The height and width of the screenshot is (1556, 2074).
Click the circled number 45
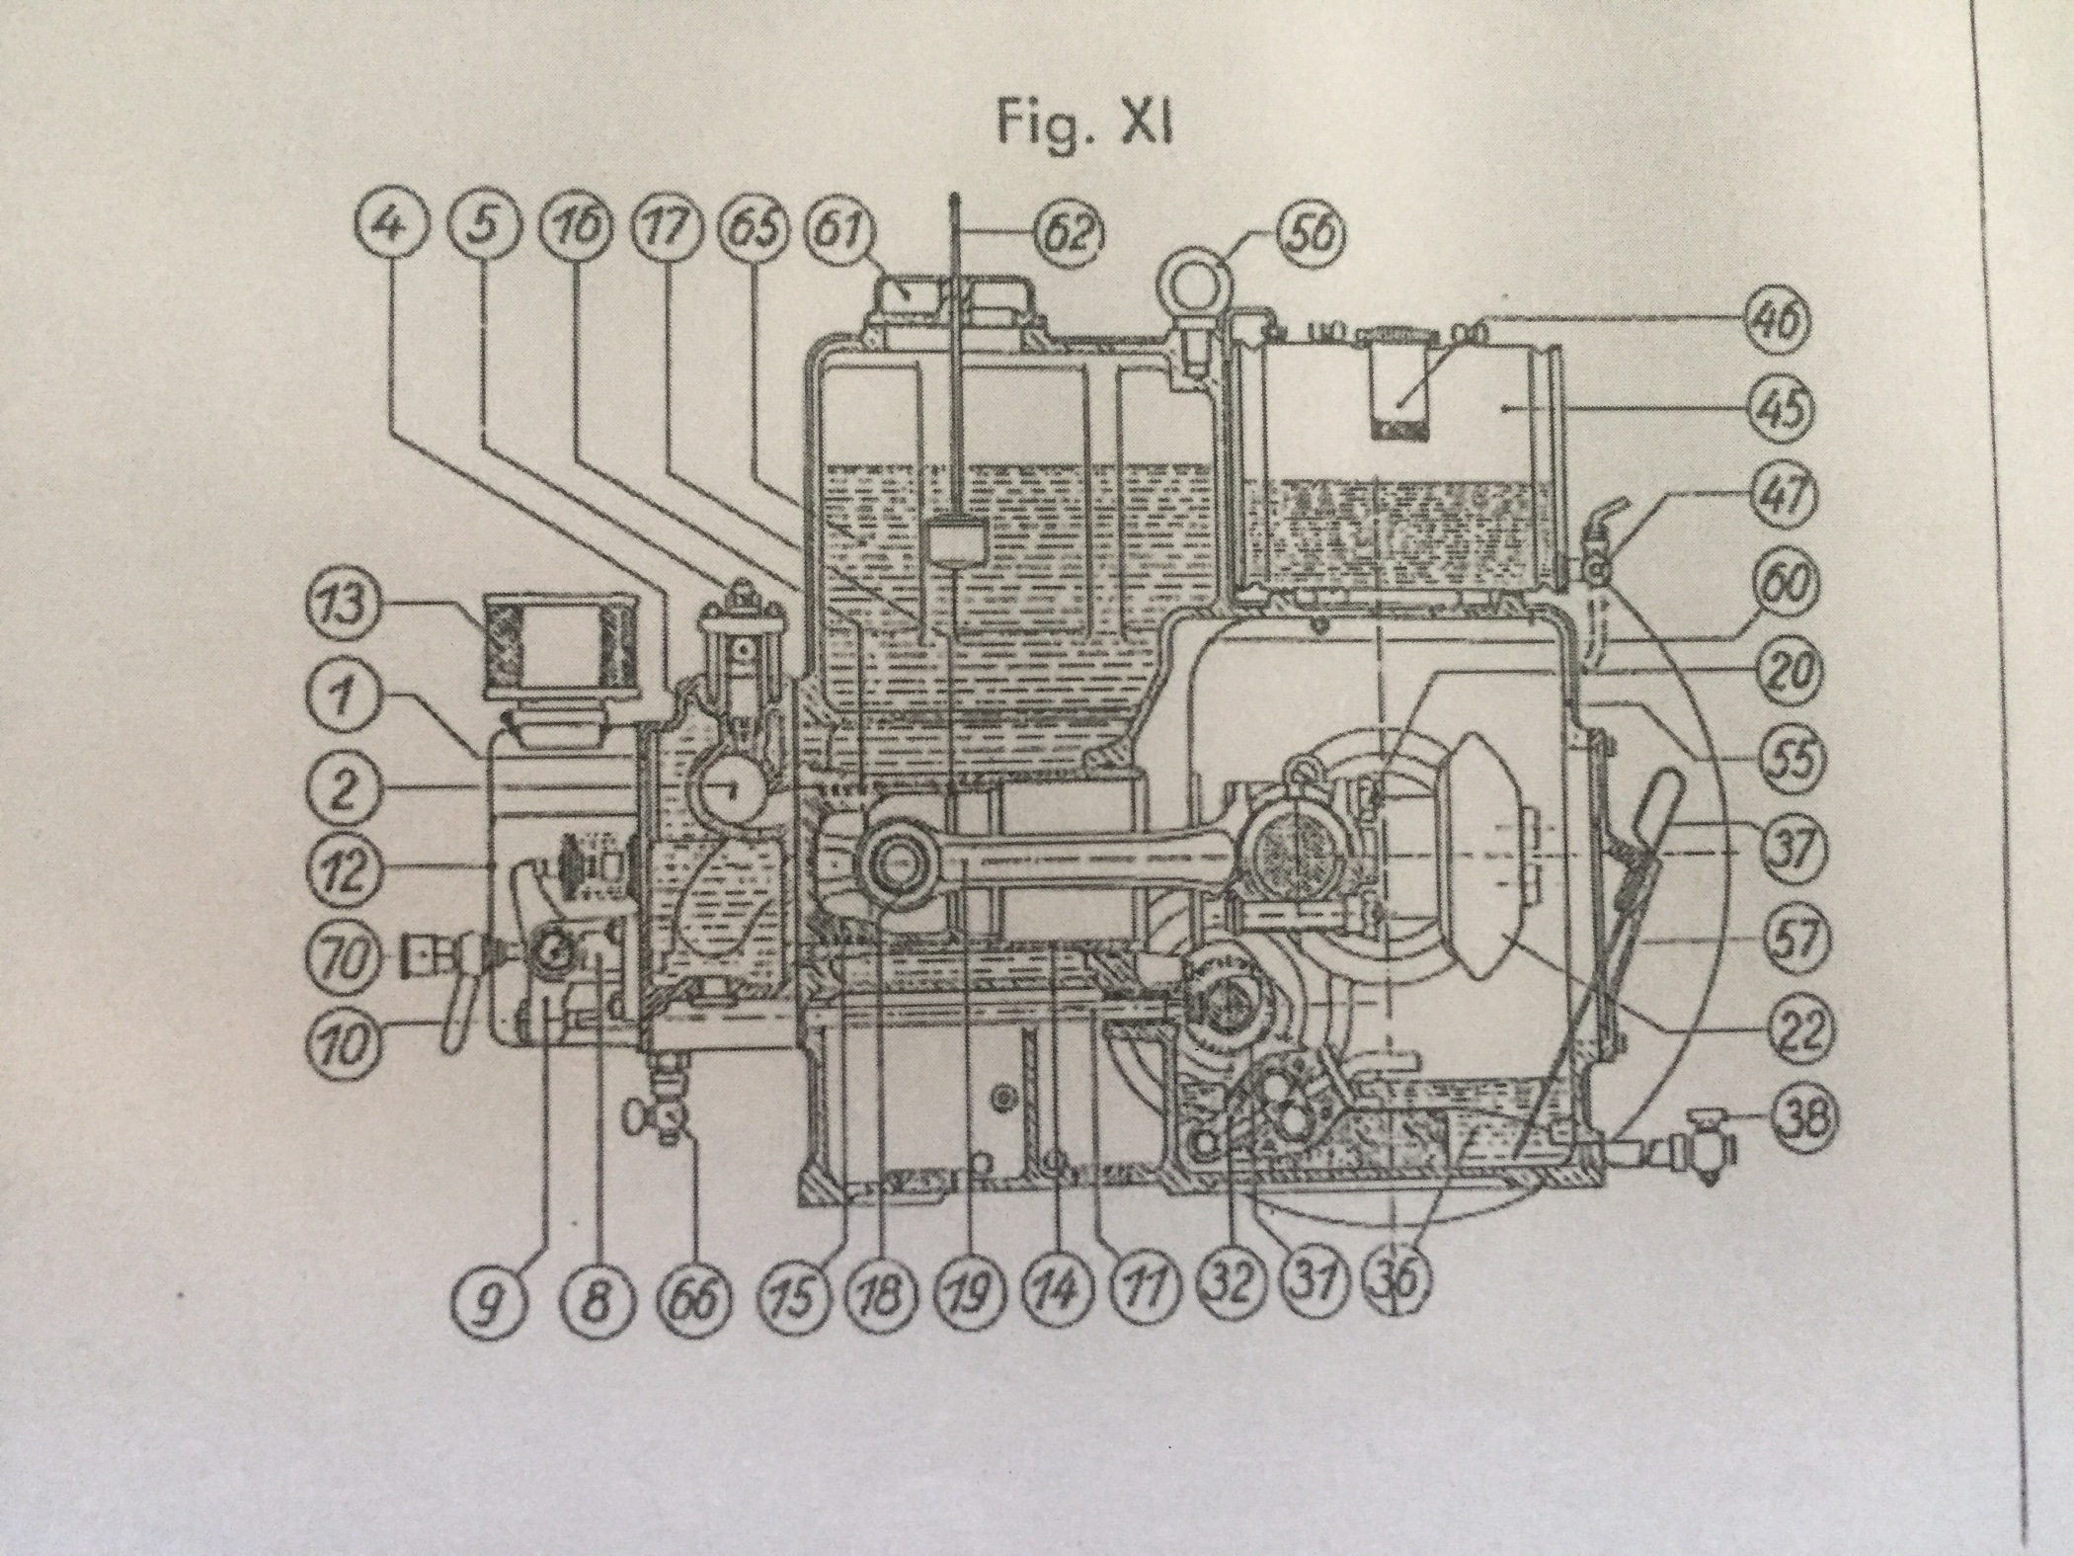pyautogui.click(x=1784, y=407)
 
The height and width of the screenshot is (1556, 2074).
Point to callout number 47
pyautogui.click(x=1784, y=493)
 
